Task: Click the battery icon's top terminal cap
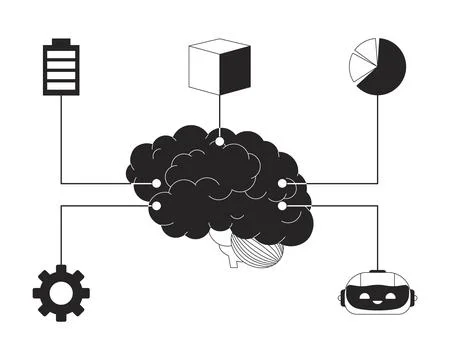tap(61, 42)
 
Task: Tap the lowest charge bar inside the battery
tap(61, 85)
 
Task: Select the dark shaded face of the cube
tap(233, 72)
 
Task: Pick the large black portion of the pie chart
tap(382, 72)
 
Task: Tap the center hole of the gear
tap(61, 292)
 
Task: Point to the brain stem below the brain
tap(231, 258)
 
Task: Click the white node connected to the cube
tap(219, 141)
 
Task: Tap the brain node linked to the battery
tap(156, 183)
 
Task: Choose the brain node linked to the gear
tap(156, 205)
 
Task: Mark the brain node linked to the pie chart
tap(282, 183)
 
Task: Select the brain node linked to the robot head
tap(282, 205)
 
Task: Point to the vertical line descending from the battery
tap(61, 140)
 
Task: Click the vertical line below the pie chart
tap(378, 140)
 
